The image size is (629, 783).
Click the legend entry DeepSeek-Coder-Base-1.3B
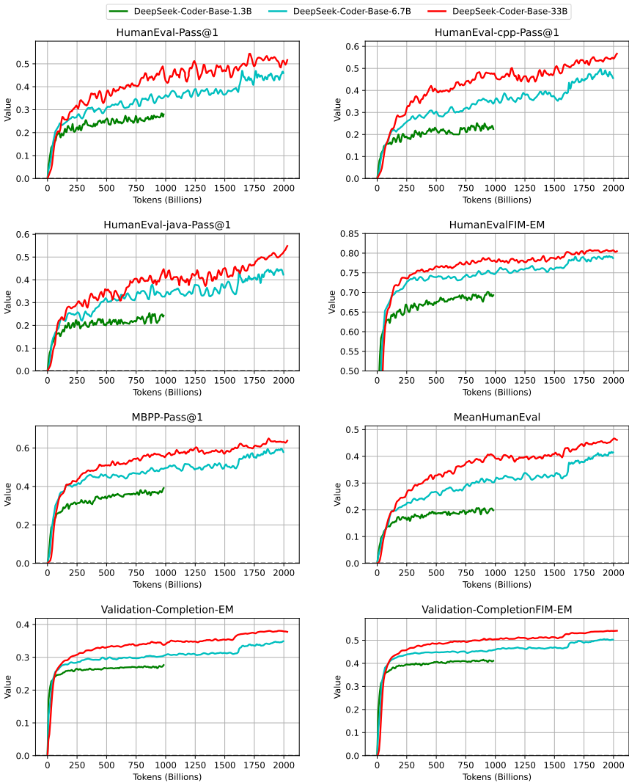180,11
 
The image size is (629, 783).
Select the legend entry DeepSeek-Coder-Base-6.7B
339,11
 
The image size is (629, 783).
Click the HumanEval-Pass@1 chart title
167,32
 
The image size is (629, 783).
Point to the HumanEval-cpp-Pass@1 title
497,32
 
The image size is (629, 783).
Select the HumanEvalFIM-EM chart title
497,225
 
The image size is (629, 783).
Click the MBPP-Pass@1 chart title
167,417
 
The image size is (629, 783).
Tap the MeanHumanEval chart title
497,417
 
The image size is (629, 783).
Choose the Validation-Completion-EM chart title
167,609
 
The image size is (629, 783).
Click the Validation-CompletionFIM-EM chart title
497,609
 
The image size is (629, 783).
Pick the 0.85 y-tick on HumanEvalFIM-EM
350,233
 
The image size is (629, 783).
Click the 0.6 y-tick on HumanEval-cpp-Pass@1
352,46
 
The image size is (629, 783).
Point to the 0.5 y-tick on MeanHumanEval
352,429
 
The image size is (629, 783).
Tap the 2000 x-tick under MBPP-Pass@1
284,573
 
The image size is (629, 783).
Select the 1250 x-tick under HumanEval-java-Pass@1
195,381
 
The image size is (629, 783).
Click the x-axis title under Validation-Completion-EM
167,777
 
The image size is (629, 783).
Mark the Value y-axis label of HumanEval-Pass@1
8,110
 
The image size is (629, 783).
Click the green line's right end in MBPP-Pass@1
163,488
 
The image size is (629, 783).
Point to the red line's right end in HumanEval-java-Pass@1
287,246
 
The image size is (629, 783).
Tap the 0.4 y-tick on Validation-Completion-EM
23,624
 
